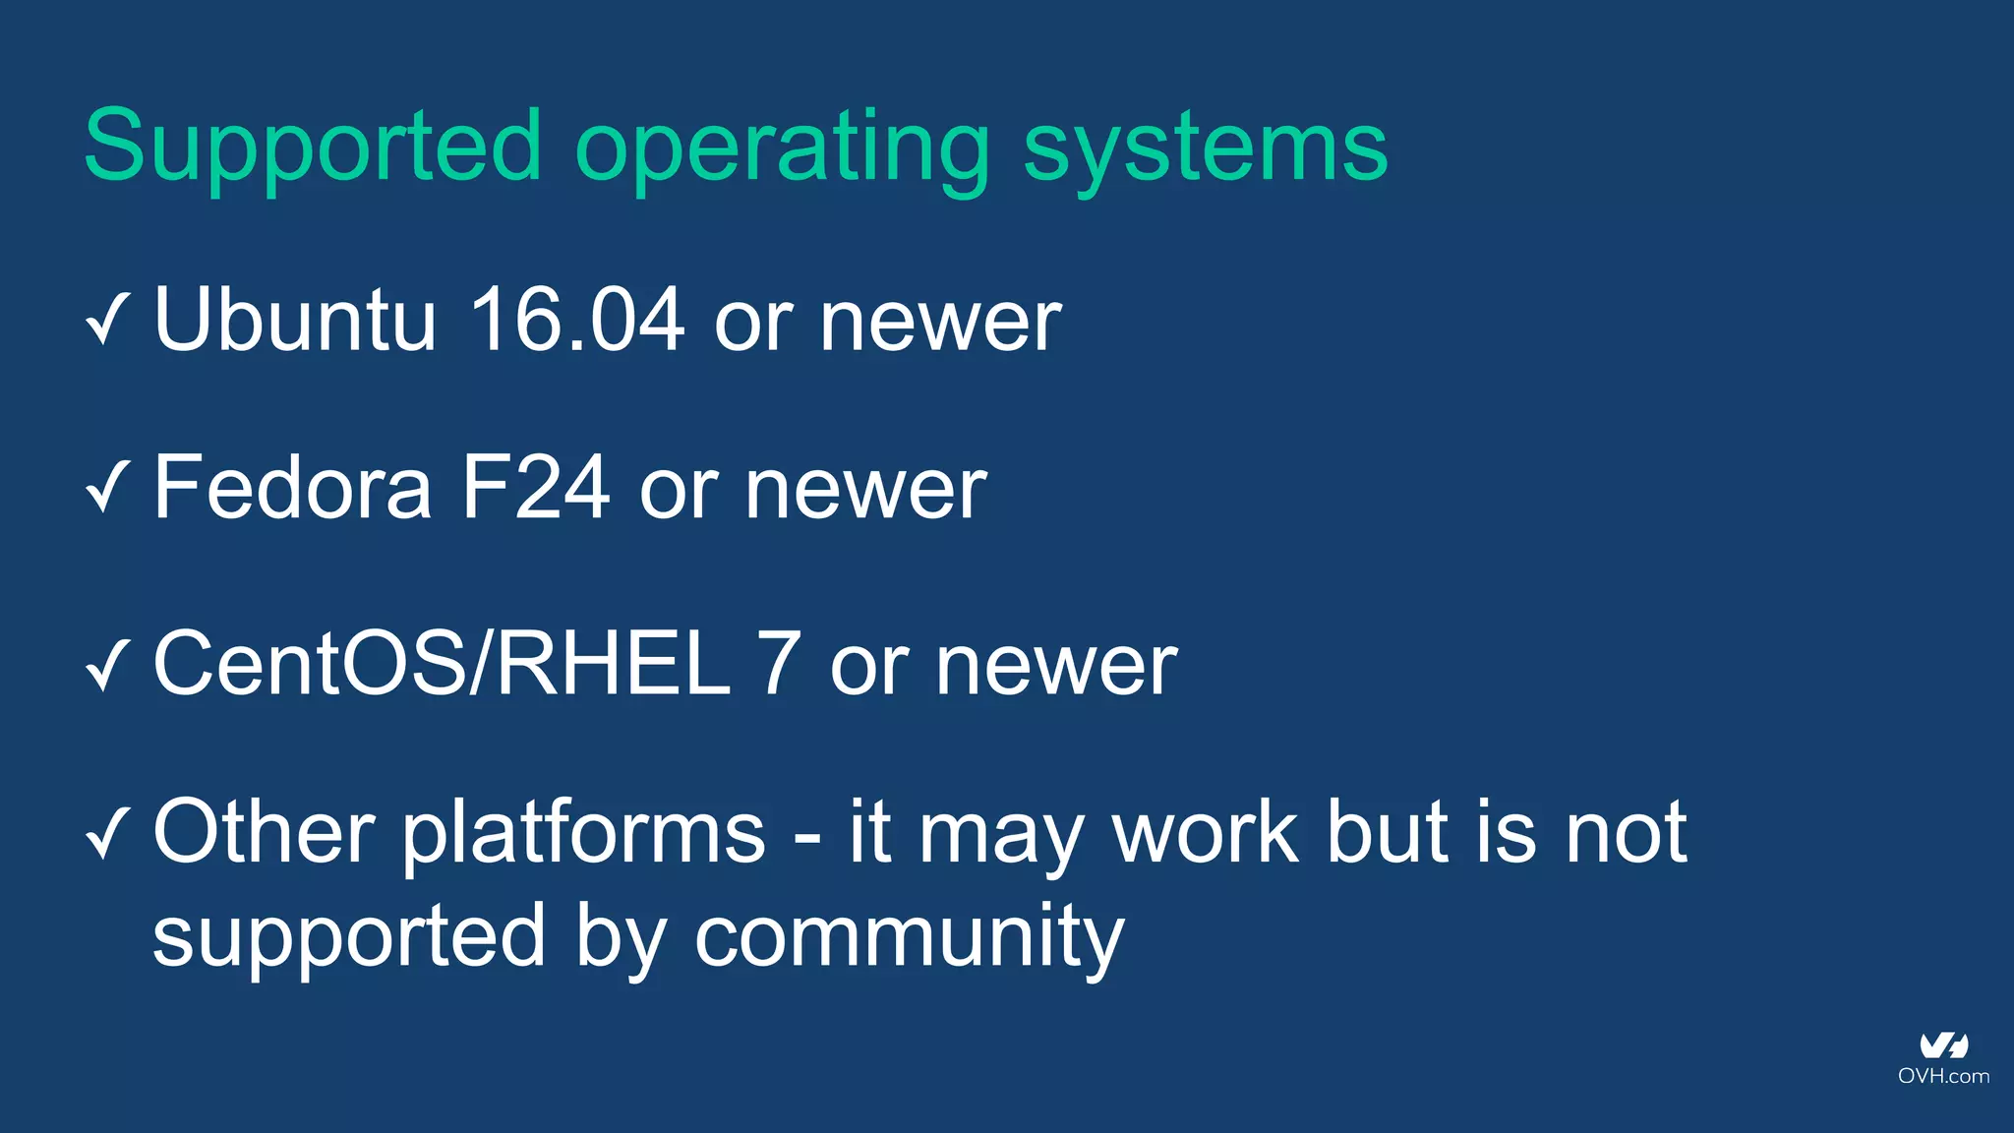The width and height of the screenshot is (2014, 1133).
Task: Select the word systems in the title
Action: [1205, 148]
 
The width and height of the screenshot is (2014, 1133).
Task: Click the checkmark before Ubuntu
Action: [107, 320]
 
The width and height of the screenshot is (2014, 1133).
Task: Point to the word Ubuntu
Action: [295, 320]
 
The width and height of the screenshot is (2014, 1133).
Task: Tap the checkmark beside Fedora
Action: [107, 488]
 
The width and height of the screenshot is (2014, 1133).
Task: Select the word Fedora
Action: [292, 488]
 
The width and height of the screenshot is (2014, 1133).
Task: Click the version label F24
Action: [536, 488]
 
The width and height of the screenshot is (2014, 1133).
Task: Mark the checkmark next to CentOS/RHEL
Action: [107, 665]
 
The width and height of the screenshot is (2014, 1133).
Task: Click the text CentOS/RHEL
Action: [443, 665]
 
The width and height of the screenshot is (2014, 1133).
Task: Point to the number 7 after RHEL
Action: [779, 665]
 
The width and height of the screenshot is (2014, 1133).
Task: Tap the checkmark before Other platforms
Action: [107, 833]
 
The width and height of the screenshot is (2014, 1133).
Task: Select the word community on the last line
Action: [909, 938]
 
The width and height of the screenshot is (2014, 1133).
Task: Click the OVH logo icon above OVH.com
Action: [1943, 1045]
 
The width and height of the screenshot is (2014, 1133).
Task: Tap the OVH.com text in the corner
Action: [1943, 1076]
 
